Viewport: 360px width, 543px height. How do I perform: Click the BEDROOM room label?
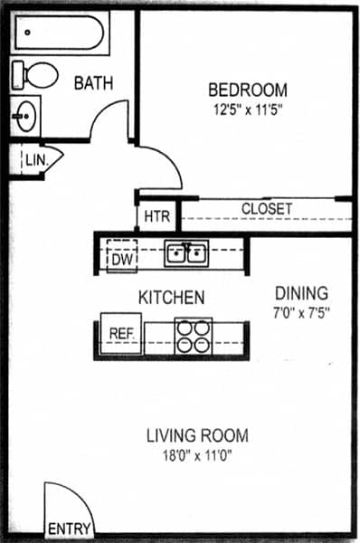[x=248, y=90]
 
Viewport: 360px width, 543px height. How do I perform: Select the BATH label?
[x=93, y=83]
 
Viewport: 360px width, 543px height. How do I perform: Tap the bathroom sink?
[x=26, y=115]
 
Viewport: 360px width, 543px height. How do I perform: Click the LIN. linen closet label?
[x=35, y=161]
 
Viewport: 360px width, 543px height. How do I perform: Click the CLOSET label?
[x=266, y=209]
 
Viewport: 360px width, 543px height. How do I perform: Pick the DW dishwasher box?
[x=122, y=257]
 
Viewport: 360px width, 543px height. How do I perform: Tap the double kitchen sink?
[x=186, y=252]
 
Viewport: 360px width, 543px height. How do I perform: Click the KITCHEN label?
[x=170, y=297]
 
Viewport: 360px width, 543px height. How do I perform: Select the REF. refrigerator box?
[x=121, y=333]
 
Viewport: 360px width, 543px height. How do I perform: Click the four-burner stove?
[x=193, y=336]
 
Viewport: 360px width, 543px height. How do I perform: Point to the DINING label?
[x=301, y=293]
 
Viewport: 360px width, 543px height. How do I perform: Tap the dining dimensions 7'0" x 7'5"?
[x=301, y=313]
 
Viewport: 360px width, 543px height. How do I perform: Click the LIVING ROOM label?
[x=196, y=436]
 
